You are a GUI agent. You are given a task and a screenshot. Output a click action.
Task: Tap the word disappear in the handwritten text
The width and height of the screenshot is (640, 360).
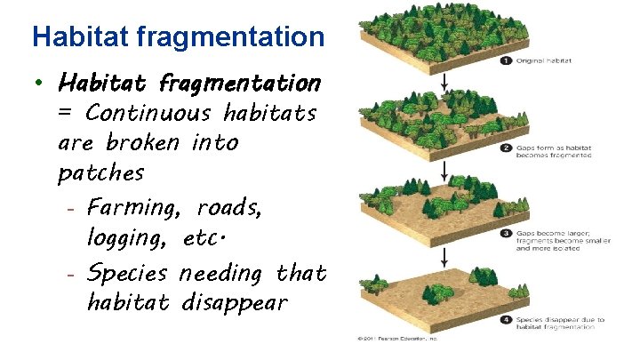235,302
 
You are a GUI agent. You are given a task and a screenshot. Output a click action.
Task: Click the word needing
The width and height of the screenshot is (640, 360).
225,272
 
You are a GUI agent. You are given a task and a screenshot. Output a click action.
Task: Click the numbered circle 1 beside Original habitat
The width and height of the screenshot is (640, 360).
506,61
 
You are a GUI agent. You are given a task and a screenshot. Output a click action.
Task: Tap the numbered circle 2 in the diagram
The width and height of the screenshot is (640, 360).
506,148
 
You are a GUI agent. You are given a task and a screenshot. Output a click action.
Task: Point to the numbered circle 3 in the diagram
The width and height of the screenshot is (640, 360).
506,234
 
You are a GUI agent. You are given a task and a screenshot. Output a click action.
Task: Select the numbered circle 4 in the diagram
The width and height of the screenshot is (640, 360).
506,319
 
